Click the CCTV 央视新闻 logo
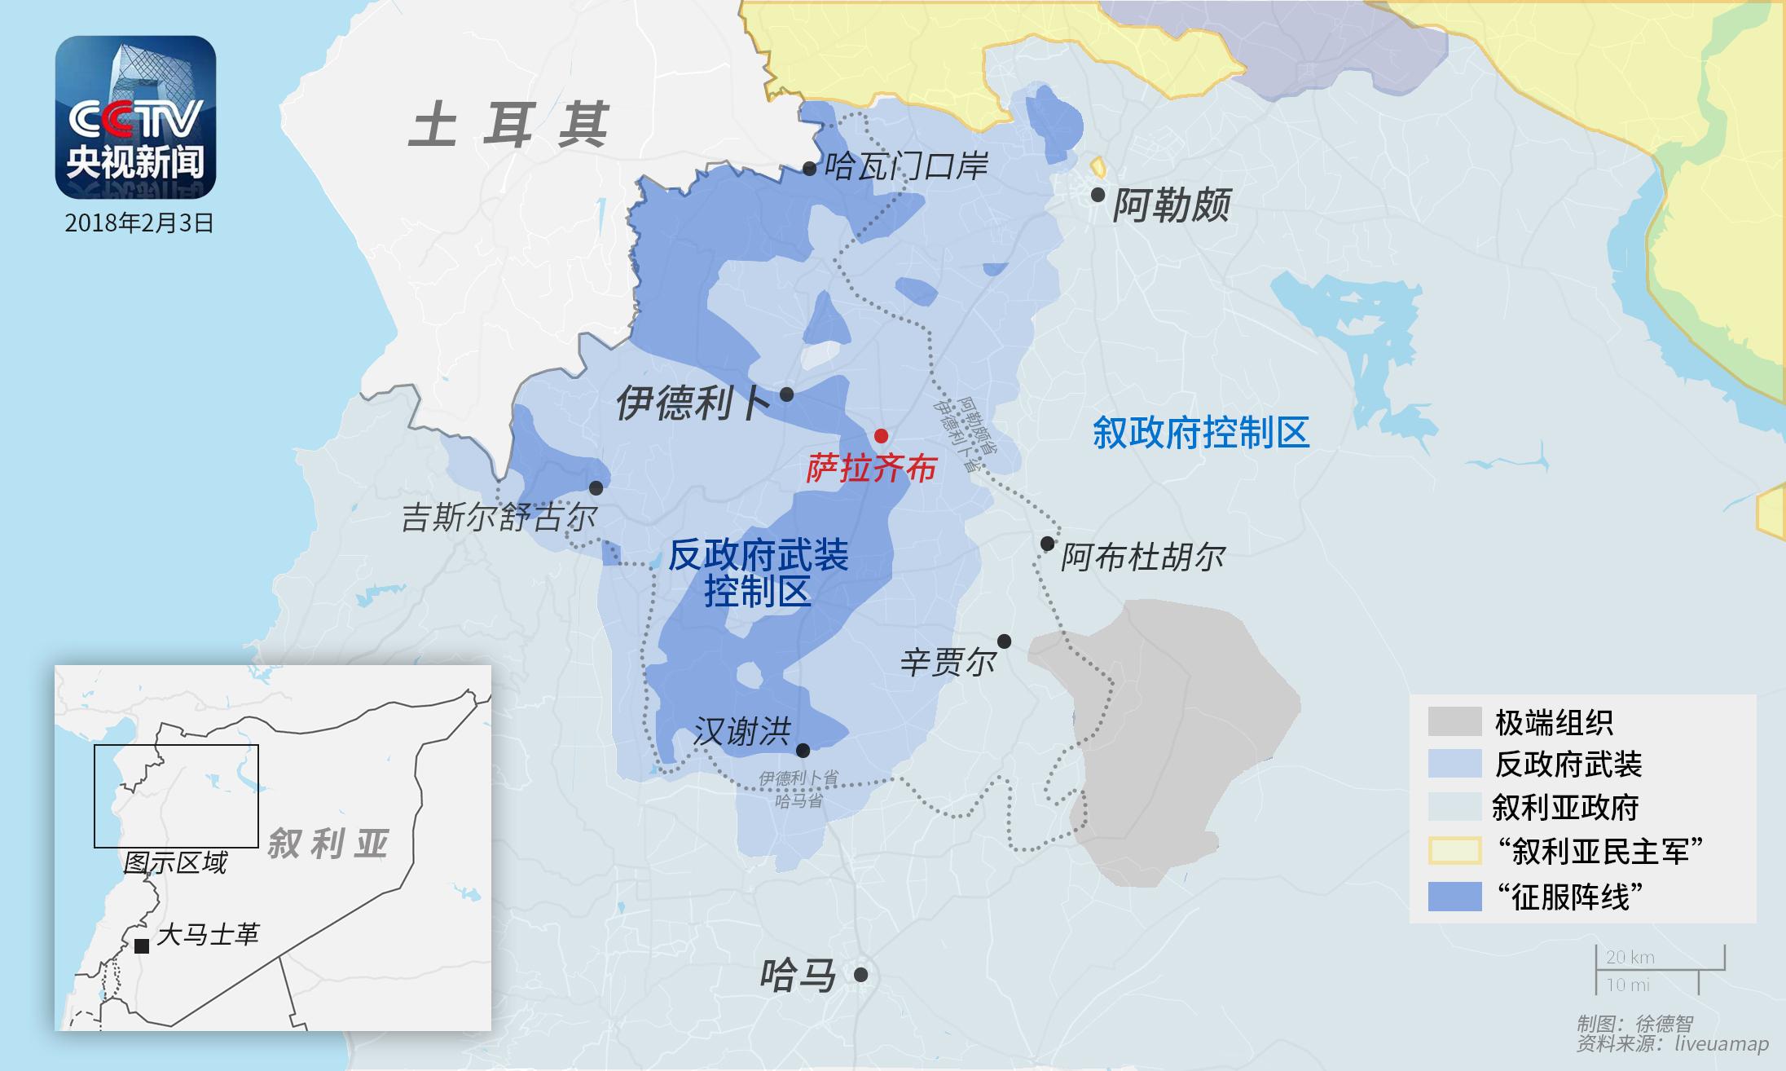pos(135,117)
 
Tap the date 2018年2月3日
pos(139,223)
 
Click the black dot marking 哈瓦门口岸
pos(809,169)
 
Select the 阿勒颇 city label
pos(1171,205)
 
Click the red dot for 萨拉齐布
pos(881,435)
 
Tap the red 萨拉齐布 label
pos(871,469)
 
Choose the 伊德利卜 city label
pos(692,403)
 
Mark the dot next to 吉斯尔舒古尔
pos(596,487)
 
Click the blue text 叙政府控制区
pos(1200,432)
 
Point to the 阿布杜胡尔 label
pos(1142,558)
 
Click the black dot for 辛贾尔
pos(1005,641)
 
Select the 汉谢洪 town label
pos(741,733)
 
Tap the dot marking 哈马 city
pos(860,974)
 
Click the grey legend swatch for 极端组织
pos(1454,721)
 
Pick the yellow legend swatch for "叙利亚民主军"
pos(1454,851)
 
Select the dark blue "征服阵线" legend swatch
pos(1454,896)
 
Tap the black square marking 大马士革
pos(142,945)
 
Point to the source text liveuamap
pos(1722,1044)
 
